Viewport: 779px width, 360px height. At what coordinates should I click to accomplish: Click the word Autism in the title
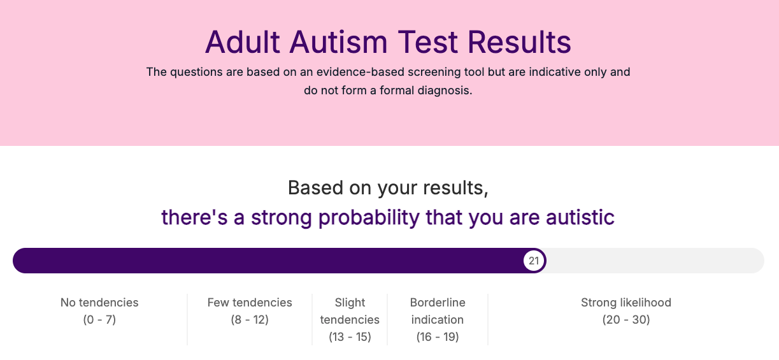(x=338, y=42)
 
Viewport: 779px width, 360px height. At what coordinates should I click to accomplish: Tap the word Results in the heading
(x=519, y=42)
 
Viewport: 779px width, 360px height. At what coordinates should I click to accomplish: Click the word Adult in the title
(x=243, y=42)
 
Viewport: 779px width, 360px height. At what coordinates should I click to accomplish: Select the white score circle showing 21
(x=534, y=261)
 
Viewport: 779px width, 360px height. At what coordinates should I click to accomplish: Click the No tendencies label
(x=99, y=303)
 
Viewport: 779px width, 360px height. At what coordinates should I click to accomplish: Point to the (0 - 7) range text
(x=99, y=320)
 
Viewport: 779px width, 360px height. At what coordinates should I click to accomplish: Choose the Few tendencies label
(x=250, y=303)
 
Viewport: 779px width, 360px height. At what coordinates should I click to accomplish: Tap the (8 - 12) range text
(x=250, y=320)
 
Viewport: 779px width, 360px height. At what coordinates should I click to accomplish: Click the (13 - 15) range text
(x=350, y=336)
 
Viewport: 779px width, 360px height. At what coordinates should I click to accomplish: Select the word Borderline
(x=438, y=303)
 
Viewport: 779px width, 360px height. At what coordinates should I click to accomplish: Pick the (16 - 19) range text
(x=438, y=336)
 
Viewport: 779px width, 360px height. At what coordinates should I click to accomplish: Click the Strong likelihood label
(x=626, y=303)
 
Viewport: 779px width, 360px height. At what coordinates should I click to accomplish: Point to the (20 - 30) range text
(x=626, y=320)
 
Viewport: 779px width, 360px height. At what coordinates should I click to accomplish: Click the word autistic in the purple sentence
(x=580, y=217)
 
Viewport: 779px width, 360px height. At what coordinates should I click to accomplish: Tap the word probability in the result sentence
(x=369, y=218)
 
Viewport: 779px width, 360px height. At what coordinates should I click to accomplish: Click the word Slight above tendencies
(x=350, y=303)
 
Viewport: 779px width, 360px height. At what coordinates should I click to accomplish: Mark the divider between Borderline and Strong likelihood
(x=488, y=319)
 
